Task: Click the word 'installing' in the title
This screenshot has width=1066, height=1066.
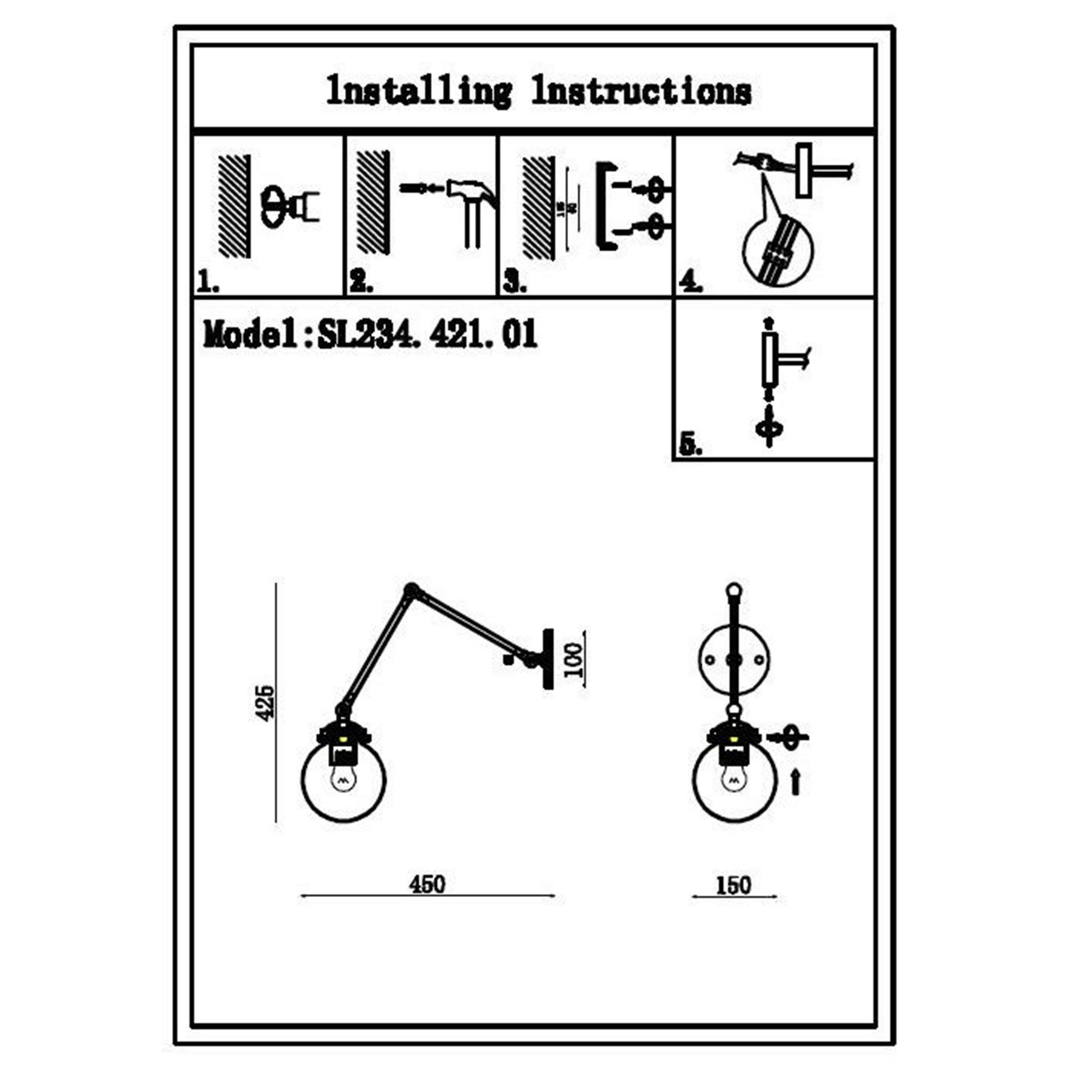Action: click(x=418, y=92)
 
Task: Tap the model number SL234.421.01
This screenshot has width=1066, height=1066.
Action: click(x=426, y=334)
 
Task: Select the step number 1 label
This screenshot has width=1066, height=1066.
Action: click(x=208, y=284)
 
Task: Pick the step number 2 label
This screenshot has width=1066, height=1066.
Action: click(x=361, y=284)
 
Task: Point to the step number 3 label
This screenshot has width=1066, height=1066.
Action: click(x=514, y=284)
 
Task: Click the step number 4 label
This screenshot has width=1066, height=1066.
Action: click(x=690, y=282)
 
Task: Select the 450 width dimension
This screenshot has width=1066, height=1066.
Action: click(x=426, y=884)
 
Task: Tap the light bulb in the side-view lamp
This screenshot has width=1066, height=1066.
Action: click(x=343, y=780)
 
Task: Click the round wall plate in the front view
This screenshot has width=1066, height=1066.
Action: click(x=734, y=659)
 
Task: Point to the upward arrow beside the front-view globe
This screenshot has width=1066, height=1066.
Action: click(x=795, y=782)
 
